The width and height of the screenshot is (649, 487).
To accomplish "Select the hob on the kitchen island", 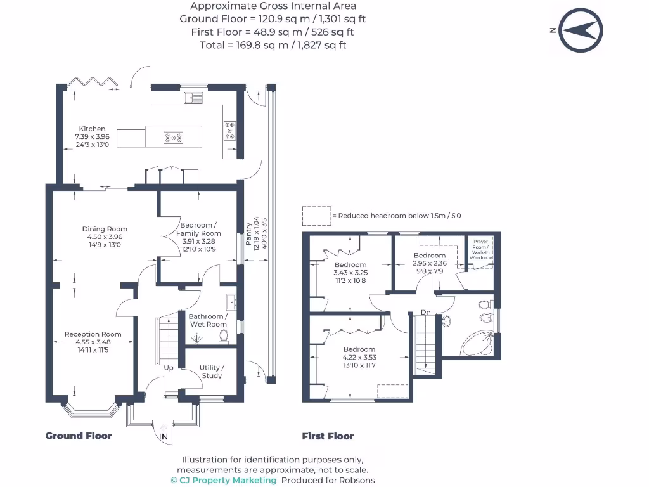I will click(174, 137).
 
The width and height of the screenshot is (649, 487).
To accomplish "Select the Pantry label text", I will click(249, 231).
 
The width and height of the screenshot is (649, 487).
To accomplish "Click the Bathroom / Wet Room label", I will click(208, 320).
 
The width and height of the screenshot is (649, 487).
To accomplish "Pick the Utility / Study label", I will click(212, 372).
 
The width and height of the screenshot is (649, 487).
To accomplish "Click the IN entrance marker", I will click(163, 437).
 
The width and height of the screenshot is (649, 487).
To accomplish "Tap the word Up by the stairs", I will click(169, 368).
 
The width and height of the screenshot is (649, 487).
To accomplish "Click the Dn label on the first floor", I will click(426, 312).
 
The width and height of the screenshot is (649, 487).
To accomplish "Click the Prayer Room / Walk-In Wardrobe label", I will click(480, 251).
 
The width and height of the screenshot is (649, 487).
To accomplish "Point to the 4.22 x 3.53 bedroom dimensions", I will click(359, 357).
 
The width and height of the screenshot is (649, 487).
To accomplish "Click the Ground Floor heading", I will click(79, 436).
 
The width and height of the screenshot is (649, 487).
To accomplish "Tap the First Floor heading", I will click(328, 436).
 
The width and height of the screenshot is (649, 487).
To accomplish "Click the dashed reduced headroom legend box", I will click(316, 216).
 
